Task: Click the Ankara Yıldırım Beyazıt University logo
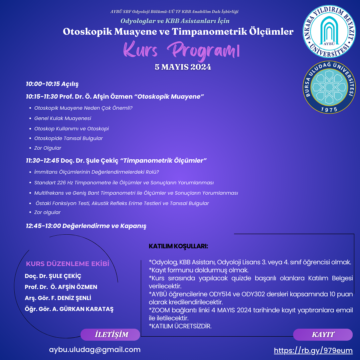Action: click(329, 32)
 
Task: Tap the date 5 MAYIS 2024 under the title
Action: click(183, 67)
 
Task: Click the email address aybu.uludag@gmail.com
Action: click(95, 350)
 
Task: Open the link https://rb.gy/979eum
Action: click(313, 350)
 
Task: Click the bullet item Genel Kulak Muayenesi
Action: click(63, 118)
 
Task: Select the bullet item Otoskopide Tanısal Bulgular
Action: click(68, 138)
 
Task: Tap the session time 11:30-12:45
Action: click(42, 161)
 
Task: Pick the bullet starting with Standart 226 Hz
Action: click(124, 183)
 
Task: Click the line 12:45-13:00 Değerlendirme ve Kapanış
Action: click(86, 226)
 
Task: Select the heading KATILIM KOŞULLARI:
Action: click(178, 246)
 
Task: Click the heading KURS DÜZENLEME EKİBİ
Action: click(68, 264)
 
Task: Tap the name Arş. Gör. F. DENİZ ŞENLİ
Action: click(58, 298)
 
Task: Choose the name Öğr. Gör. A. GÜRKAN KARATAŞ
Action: click(69, 309)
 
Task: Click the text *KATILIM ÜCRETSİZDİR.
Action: click(180, 326)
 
